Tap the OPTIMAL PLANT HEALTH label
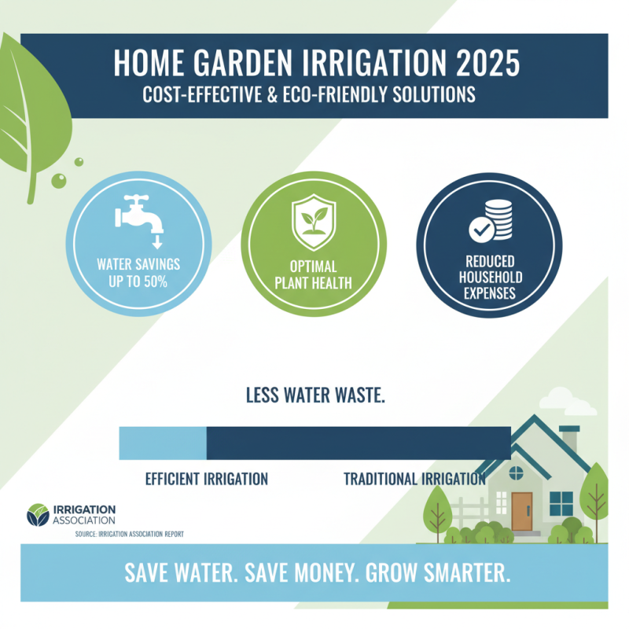point(314,273)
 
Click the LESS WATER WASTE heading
point(314,395)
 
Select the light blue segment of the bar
point(163,443)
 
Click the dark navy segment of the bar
point(358,443)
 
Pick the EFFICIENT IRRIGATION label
point(206,479)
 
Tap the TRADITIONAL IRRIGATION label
point(414,479)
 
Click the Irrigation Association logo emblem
point(37,514)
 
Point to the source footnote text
point(130,534)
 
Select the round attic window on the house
point(516,473)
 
